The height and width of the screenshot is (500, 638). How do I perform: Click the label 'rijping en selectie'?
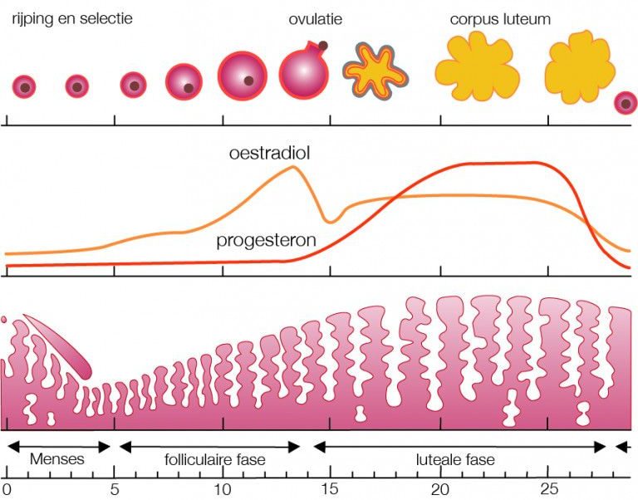coord(71,17)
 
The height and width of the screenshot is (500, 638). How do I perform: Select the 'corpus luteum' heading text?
coord(499,17)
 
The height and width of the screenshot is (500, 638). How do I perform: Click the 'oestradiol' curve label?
coord(263,154)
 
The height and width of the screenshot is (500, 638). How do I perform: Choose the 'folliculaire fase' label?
coord(210,458)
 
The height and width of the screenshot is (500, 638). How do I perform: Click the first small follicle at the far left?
coord(25,86)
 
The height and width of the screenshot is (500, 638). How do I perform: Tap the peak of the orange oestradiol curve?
coord(292,168)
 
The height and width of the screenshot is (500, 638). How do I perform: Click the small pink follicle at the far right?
coord(625,102)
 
